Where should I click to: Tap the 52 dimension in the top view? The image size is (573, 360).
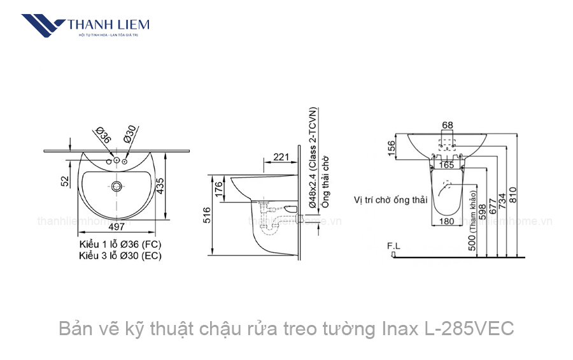click(x=65, y=181)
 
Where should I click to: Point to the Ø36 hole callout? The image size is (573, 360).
click(x=104, y=136)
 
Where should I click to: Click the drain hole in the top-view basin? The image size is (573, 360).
click(x=116, y=187)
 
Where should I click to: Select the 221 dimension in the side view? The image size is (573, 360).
click(x=281, y=156)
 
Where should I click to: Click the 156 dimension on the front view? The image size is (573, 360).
click(x=392, y=147)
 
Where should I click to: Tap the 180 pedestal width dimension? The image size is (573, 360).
click(x=446, y=221)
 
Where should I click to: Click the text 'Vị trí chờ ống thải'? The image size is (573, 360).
click(x=390, y=199)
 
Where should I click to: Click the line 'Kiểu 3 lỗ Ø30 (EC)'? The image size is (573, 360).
click(x=120, y=256)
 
